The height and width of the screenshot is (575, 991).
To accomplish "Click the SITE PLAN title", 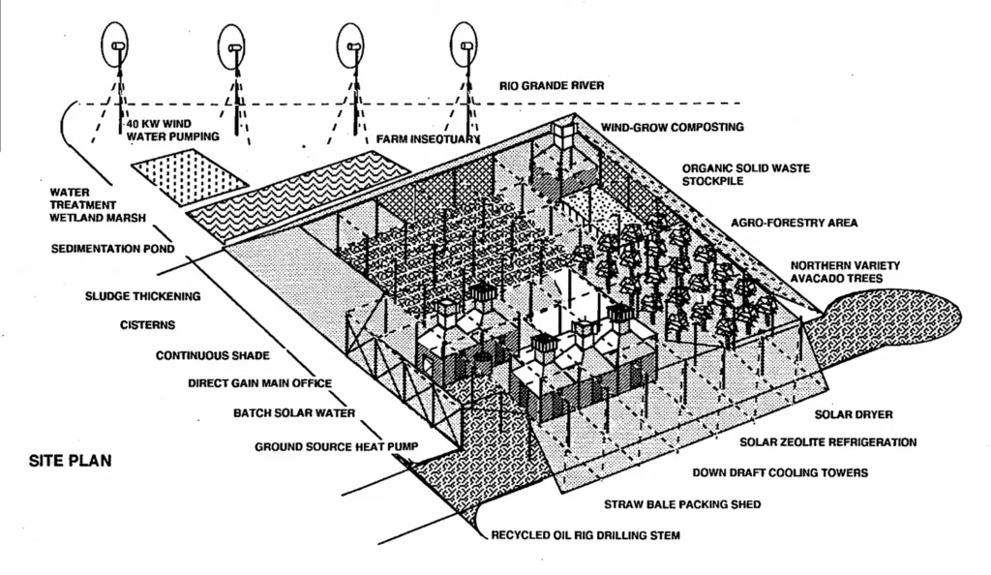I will click(70, 461).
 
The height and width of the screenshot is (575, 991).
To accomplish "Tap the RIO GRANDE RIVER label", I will click(552, 86).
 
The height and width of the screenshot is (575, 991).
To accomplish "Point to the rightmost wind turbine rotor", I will click(465, 44).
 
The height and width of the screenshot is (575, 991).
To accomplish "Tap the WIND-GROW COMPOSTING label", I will click(672, 127).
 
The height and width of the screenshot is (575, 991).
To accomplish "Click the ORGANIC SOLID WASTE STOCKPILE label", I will click(745, 174).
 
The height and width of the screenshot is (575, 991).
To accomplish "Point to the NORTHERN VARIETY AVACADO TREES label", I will click(845, 272).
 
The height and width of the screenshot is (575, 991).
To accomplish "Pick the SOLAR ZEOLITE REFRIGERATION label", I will click(827, 442).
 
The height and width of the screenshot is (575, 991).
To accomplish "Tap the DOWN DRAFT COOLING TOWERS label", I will click(780, 473).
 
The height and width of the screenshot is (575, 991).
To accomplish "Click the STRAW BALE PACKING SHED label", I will click(682, 504).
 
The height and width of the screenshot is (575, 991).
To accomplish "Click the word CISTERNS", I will click(147, 324).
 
